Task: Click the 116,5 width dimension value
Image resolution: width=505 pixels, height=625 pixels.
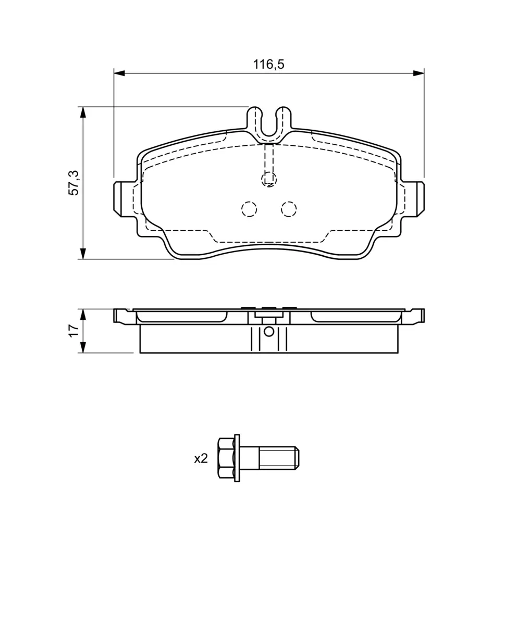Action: click(x=268, y=64)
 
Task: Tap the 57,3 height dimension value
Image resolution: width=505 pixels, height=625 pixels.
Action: click(x=73, y=183)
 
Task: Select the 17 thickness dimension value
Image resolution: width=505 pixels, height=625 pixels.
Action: click(x=73, y=331)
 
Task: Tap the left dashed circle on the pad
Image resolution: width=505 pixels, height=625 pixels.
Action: click(x=249, y=209)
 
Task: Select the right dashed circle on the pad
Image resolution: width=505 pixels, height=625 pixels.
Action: click(x=289, y=209)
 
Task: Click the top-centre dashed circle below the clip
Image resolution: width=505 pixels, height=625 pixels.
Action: click(x=269, y=179)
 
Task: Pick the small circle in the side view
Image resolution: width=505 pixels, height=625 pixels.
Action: click(x=269, y=332)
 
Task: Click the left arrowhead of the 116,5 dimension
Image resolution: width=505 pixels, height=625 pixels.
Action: click(x=119, y=73)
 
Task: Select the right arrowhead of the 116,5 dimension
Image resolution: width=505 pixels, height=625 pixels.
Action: click(x=418, y=73)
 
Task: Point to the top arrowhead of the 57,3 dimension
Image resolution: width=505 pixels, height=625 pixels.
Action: click(x=83, y=113)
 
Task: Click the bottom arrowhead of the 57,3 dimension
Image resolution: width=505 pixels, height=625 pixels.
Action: click(x=83, y=254)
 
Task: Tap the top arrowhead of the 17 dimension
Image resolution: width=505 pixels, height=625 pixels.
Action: click(x=83, y=315)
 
